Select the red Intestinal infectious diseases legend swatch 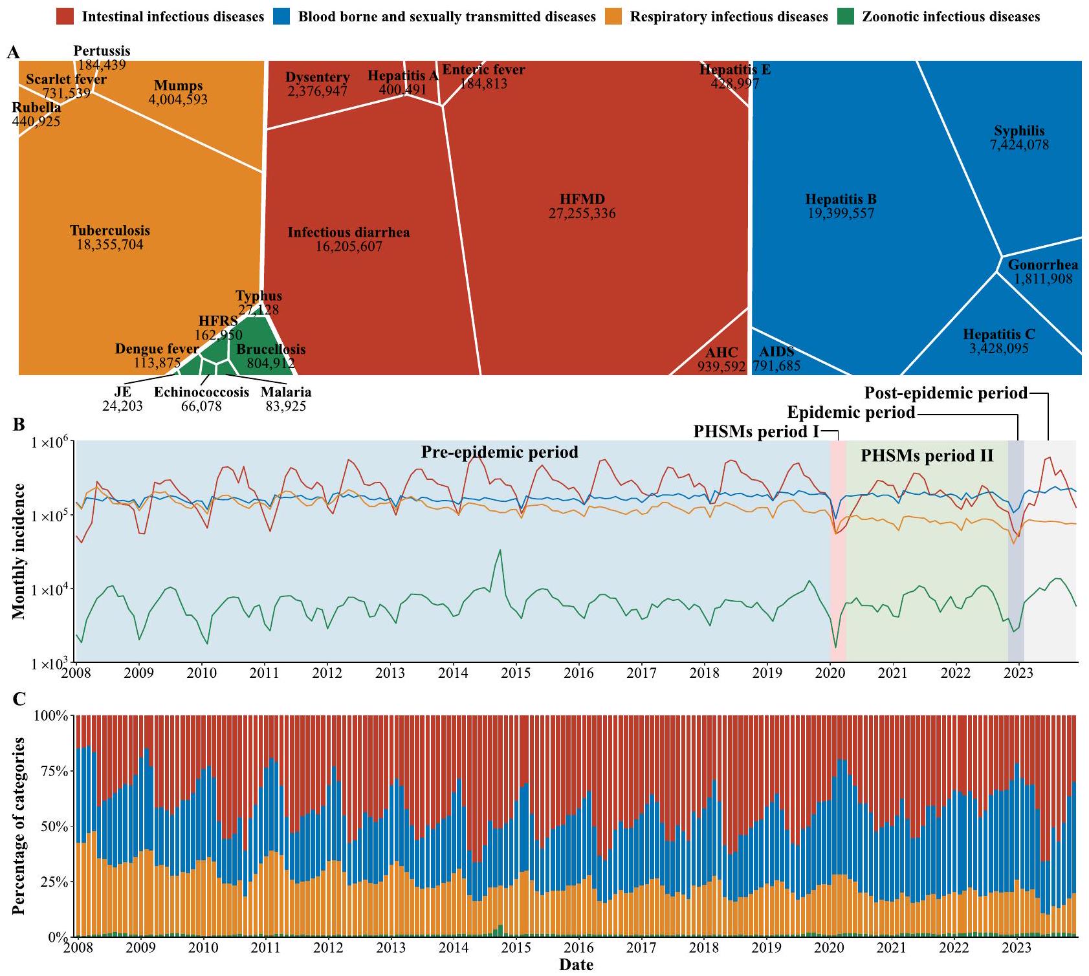click(67, 16)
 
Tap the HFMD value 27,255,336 click(582, 213)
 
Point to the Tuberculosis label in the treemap click(110, 230)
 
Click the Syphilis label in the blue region click(1019, 131)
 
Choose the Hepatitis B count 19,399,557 click(841, 213)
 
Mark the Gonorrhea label click(1043, 265)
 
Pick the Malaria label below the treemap click(286, 392)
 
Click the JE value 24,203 click(122, 406)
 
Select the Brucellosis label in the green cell click(270, 349)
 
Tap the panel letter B click(19, 425)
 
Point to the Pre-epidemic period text click(500, 451)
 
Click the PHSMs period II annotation click(927, 455)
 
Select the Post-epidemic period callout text click(946, 393)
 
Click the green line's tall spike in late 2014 click(500, 550)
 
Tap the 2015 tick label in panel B click(516, 673)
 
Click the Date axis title click(576, 965)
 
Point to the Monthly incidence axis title click(19, 551)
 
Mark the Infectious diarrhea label click(349, 232)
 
